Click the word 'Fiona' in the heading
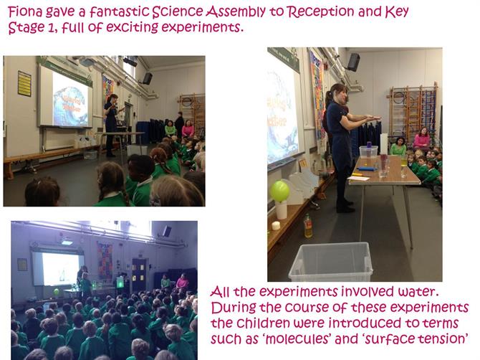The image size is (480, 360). point(25,11)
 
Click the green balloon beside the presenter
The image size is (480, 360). point(279,191)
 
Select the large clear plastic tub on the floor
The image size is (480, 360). point(330,262)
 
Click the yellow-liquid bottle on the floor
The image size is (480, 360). point(308,226)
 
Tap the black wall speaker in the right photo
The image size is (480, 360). point(353,62)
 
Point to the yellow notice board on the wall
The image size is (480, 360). point(24,84)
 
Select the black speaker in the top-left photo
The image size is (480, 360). point(148,78)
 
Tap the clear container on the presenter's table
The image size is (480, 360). point(368,151)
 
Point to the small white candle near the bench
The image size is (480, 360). point(276,225)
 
